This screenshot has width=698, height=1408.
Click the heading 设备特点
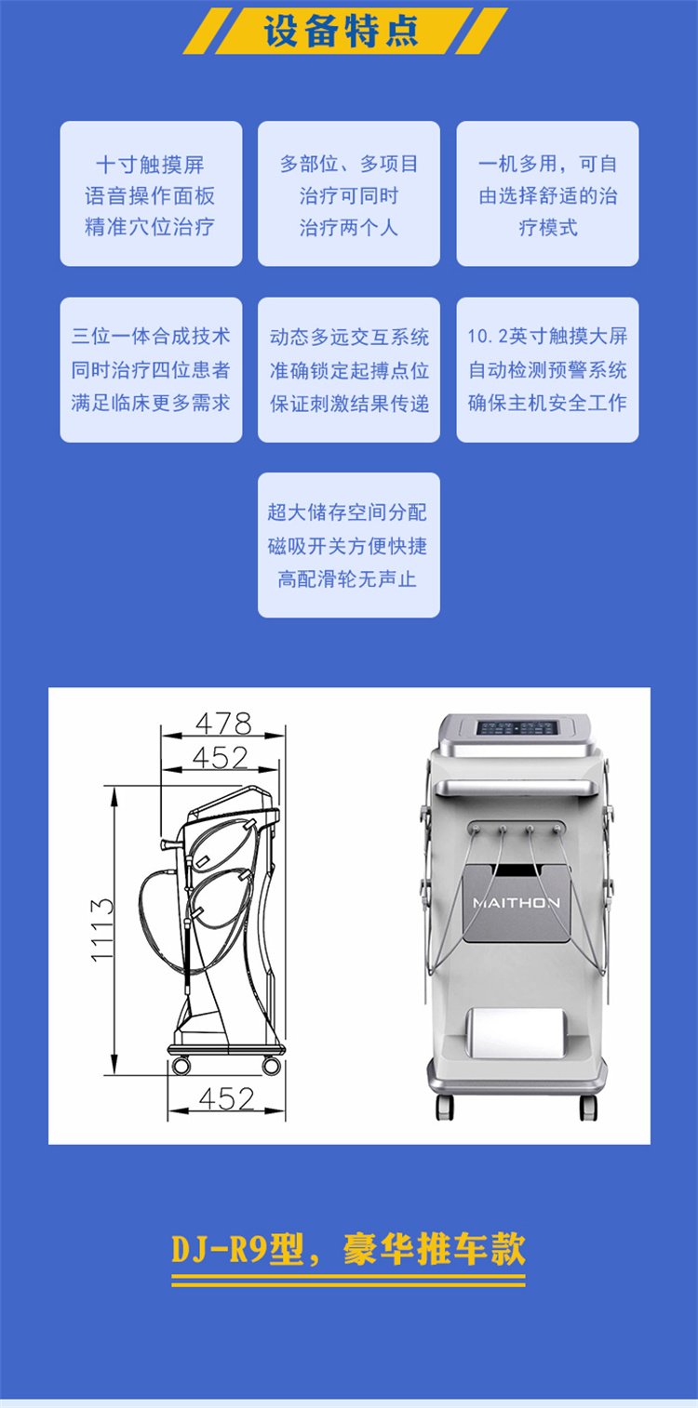(x=341, y=31)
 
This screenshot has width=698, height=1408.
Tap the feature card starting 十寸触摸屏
(x=151, y=193)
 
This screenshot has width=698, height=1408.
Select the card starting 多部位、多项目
(x=349, y=193)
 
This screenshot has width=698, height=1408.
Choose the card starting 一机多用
(x=548, y=193)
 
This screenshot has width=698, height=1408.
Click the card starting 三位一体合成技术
(x=151, y=369)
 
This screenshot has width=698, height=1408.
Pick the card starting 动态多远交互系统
(x=349, y=369)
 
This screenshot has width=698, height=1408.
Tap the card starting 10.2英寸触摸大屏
(x=548, y=369)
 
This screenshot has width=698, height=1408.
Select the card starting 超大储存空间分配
(x=349, y=545)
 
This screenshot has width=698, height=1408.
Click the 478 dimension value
(x=224, y=724)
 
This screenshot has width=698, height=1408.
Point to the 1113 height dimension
(x=101, y=930)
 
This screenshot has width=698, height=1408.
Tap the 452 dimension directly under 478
(x=220, y=757)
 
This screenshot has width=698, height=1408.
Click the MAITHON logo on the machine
(x=517, y=903)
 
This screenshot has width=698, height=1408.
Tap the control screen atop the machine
(x=517, y=728)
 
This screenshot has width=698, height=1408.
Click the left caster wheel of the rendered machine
(x=445, y=1107)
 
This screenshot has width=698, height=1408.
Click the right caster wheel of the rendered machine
(x=588, y=1107)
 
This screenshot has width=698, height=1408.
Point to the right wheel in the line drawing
(x=272, y=1066)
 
